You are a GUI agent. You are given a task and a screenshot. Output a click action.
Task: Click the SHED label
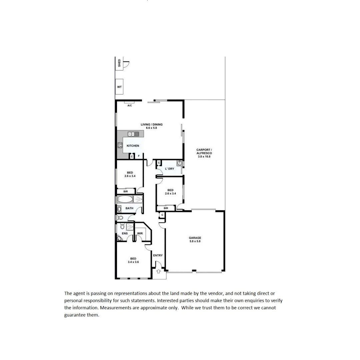click(x=119, y=63)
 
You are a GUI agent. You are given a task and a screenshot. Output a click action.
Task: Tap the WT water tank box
click(x=119, y=87)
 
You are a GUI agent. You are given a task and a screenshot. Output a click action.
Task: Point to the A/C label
click(x=130, y=106)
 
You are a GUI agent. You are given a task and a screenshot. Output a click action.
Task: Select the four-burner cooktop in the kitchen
click(x=120, y=145)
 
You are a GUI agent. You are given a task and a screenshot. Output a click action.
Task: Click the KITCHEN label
click(x=133, y=146)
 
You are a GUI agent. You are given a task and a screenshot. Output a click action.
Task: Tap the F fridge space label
click(x=139, y=156)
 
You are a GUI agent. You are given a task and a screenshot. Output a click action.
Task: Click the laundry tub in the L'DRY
click(x=179, y=163)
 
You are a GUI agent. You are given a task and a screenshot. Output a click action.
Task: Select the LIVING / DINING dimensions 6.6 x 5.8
click(x=152, y=128)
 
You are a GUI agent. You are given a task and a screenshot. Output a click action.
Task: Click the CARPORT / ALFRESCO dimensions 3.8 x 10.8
click(x=204, y=156)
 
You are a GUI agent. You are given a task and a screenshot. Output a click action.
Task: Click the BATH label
click(x=129, y=208)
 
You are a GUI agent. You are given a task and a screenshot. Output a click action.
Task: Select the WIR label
click(x=140, y=233)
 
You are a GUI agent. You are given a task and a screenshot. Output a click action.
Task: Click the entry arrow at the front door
click(x=159, y=272)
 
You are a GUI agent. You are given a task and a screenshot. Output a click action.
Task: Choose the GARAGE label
click(x=195, y=238)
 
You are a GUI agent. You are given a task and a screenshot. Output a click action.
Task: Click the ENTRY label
click(x=158, y=255)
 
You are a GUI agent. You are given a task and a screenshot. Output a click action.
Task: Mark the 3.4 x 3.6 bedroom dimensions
click(x=133, y=262)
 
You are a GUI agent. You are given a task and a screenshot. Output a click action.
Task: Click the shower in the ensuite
click(x=129, y=227)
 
